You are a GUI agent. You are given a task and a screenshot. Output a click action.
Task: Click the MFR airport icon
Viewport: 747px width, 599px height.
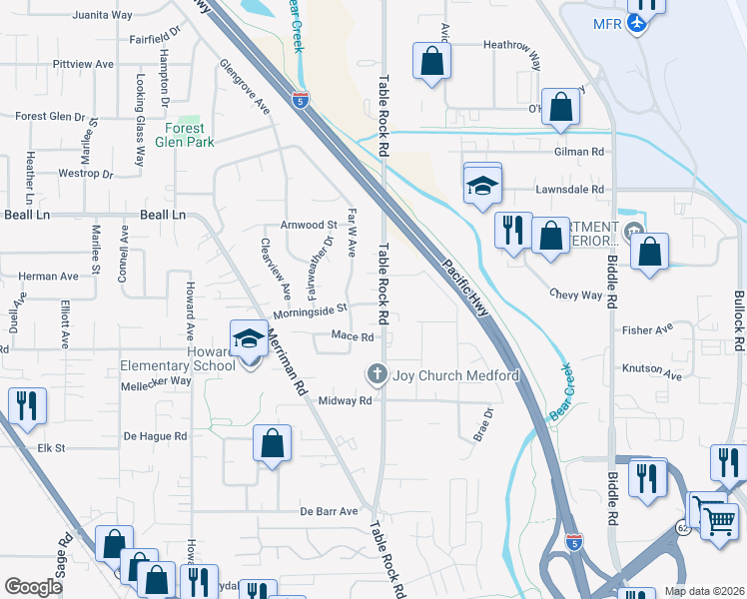tap(637, 23)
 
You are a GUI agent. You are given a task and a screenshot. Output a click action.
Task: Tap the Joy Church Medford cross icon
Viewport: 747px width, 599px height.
tap(376, 374)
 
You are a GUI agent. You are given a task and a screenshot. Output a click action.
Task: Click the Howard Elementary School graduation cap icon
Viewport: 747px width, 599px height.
tap(249, 339)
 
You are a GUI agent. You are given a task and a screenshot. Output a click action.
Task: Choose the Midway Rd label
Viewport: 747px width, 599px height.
tap(345, 400)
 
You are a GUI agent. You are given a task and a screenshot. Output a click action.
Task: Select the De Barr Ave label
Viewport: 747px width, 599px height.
tap(329, 511)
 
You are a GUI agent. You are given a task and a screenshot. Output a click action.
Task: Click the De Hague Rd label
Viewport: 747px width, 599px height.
tap(155, 436)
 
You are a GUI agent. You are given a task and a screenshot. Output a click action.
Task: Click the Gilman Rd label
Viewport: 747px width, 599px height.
tap(580, 152)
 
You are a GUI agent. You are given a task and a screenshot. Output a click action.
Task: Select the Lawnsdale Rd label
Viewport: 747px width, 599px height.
tap(570, 189)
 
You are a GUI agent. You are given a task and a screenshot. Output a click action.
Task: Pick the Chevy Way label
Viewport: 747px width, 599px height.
tap(576, 295)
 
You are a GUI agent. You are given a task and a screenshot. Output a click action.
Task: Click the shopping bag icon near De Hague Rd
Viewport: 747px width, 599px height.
tap(272, 443)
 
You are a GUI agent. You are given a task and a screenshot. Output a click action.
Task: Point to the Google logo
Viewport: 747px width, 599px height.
tap(34, 588)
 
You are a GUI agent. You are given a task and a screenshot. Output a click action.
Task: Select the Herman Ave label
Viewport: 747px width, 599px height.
tap(48, 276)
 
